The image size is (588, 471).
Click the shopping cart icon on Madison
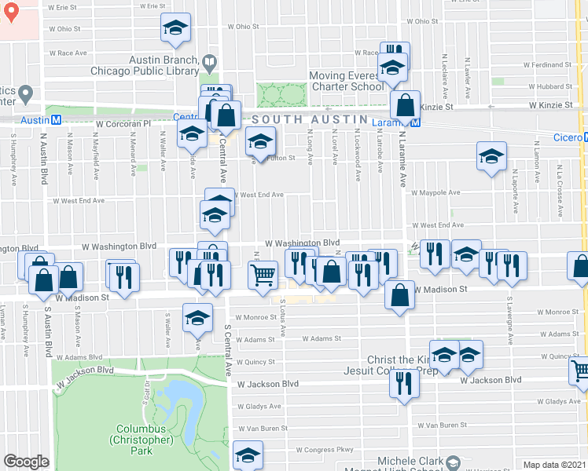tap(263, 275)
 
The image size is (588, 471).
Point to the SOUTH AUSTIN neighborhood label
tap(310, 119)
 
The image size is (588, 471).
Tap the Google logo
tap(26, 462)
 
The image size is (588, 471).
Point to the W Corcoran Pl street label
tap(123, 123)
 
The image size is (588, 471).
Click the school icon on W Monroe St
tap(197, 318)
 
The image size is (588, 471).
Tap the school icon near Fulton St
tap(259, 142)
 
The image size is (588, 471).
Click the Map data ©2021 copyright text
tap(554, 465)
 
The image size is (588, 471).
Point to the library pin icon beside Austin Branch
tap(210, 60)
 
